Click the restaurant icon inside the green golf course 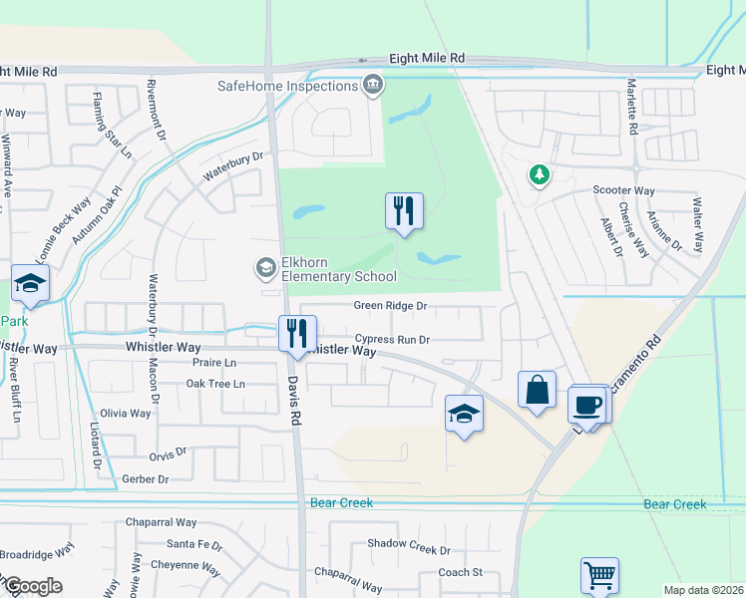404,211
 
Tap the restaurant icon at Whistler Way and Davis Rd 297,333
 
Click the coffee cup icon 587,405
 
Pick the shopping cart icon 599,575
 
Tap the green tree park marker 540,175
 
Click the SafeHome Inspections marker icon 373,86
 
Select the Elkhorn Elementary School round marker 266,267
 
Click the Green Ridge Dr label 390,307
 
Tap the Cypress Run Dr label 390,339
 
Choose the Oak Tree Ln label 215,384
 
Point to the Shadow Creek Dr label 409,549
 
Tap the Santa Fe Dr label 194,544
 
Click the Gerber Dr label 145,479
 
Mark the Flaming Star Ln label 113,126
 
